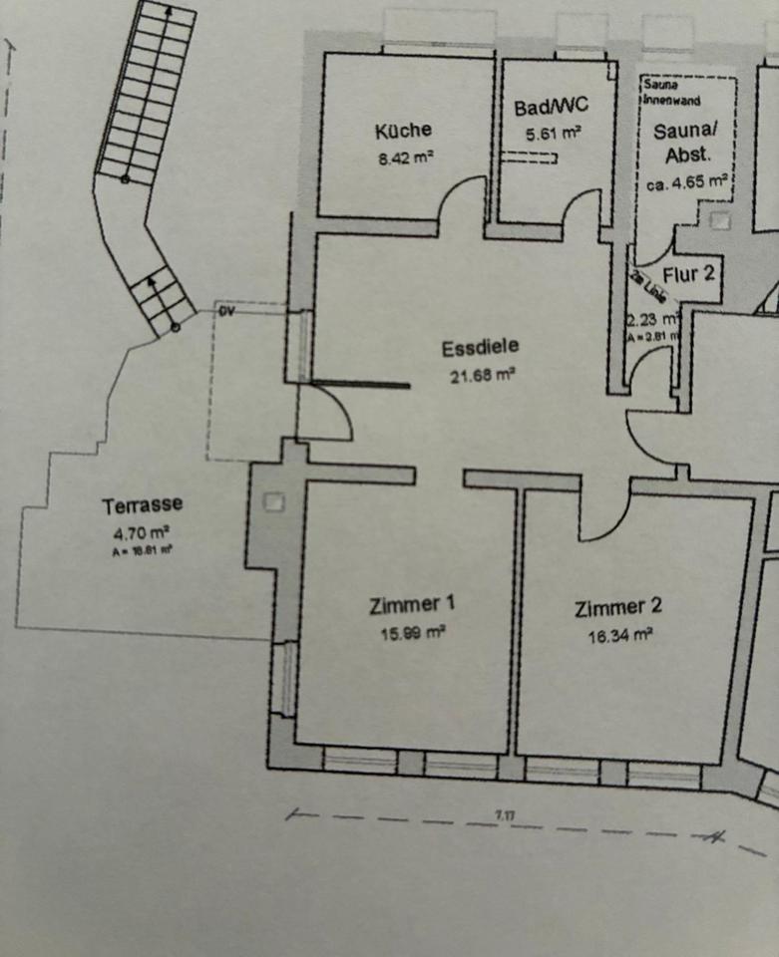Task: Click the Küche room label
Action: tap(403, 130)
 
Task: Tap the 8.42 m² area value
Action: tap(405, 157)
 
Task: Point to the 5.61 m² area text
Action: tap(554, 132)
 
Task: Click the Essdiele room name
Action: tap(481, 348)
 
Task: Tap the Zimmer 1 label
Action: tap(412, 603)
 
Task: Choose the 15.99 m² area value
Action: tap(412, 631)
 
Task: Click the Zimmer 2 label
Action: tap(618, 607)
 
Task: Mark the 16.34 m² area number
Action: tap(620, 634)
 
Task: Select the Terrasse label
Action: tap(143, 506)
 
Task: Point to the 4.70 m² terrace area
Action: tap(142, 532)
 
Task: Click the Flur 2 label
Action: tap(688, 275)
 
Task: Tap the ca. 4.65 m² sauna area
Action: tap(686, 183)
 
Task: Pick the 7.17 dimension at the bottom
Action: tap(506, 816)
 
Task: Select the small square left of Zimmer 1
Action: tap(273, 502)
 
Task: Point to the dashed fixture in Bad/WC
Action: tap(528, 158)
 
